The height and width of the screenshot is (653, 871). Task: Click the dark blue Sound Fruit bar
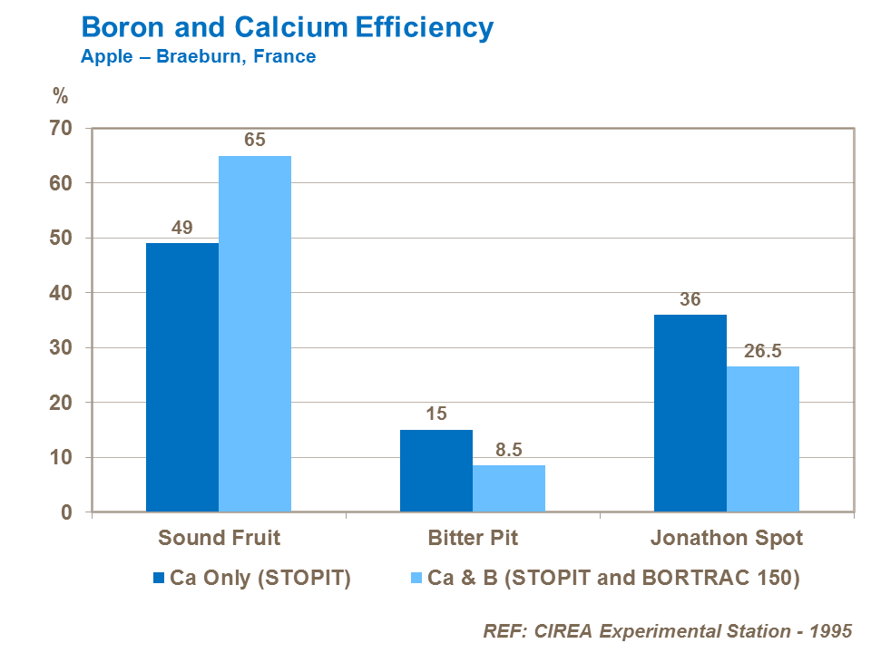(x=181, y=377)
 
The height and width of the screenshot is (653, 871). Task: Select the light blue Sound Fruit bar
(x=255, y=334)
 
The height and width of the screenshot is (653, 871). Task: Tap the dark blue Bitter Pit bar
(x=435, y=471)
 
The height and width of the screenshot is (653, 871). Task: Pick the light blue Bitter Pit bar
(x=509, y=489)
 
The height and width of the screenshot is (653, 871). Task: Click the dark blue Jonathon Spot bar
(x=690, y=413)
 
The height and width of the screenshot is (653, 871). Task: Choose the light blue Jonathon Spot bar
(x=763, y=439)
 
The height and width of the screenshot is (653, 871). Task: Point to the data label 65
(x=254, y=141)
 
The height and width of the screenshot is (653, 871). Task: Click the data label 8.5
(x=509, y=450)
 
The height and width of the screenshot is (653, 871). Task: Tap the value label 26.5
(x=763, y=351)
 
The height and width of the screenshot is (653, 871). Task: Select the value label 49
(x=181, y=228)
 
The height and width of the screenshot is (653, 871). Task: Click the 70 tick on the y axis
(x=62, y=129)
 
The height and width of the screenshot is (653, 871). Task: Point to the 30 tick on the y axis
(x=62, y=348)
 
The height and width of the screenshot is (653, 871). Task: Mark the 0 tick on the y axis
(x=67, y=512)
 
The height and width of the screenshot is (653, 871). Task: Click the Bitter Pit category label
(x=473, y=538)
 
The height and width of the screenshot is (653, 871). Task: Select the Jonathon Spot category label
(x=726, y=538)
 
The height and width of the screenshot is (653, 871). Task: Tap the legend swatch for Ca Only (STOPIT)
(x=160, y=579)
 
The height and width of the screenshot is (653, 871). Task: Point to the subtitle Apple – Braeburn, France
(x=198, y=57)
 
